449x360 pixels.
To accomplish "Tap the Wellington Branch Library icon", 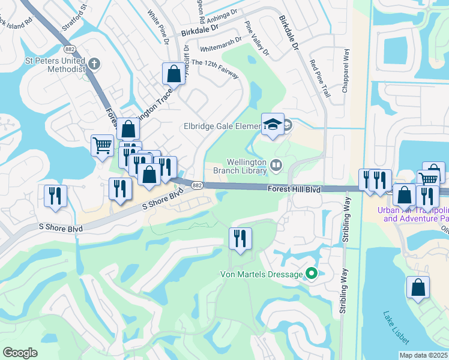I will [276, 164].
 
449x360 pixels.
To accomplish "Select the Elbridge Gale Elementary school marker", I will [273, 124].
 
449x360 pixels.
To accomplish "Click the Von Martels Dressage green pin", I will [311, 274].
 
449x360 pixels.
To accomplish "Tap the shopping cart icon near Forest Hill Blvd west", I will [102, 145].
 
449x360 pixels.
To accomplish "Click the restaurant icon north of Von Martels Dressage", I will [241, 238].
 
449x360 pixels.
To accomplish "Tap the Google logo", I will [20, 353].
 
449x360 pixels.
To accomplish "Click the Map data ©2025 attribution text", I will [423, 355].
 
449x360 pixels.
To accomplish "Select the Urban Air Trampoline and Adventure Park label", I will [413, 214].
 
